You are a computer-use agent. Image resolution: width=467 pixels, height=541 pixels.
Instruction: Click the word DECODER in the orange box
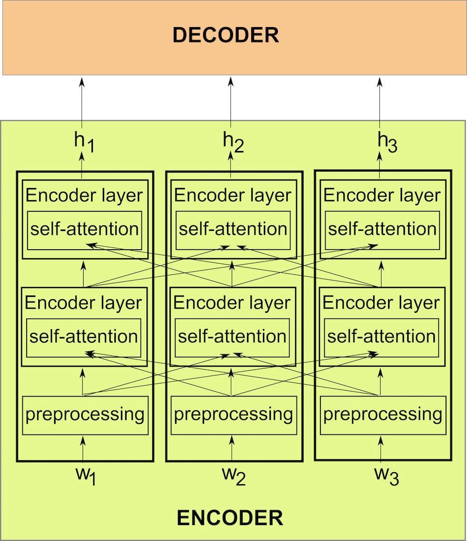point(226,36)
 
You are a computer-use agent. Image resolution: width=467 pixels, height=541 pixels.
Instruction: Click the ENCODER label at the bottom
point(230,518)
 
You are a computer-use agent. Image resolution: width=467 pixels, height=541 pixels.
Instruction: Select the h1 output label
point(85,143)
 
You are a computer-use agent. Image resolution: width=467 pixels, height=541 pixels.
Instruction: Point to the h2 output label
point(233,143)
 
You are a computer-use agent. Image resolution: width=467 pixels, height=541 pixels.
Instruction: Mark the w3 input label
point(386,476)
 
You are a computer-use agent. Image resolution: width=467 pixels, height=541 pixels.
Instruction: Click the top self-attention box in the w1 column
point(85,230)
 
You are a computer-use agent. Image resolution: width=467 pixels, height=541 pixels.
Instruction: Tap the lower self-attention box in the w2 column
point(233,337)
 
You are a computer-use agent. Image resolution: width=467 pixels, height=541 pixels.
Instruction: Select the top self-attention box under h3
point(382,230)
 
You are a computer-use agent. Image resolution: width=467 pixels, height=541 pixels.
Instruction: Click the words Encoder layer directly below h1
point(84,195)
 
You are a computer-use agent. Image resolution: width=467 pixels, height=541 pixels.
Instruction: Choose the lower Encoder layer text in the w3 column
point(381,303)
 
